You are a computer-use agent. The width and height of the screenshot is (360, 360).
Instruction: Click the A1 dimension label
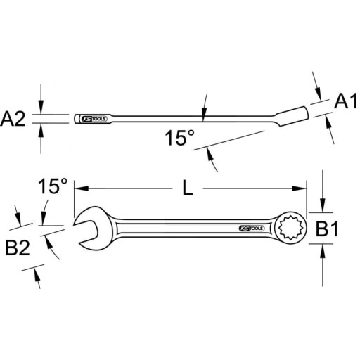coord(342,103)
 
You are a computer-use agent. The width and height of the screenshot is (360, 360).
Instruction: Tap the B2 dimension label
coord(18,247)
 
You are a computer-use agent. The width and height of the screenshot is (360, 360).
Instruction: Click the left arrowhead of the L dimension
coord(76,188)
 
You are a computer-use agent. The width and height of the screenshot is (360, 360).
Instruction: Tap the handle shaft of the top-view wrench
coord(183,228)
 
